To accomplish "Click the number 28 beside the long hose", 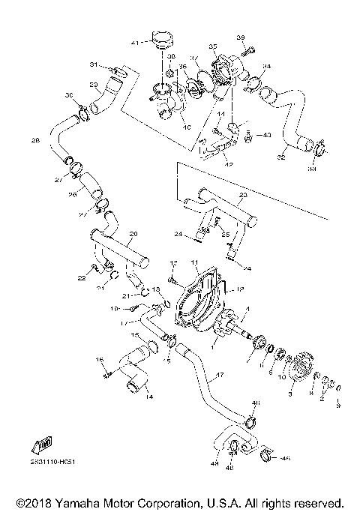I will point(35,140).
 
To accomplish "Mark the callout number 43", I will point(267,135).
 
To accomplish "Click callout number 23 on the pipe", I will point(241,195).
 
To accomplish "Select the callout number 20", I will point(133,233).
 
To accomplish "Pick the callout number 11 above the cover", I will point(193,262).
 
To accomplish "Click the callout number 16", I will point(100,360).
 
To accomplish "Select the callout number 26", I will point(73,195).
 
